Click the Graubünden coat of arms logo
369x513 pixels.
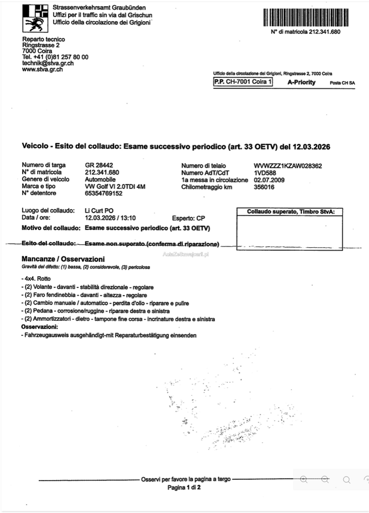tap(35, 18)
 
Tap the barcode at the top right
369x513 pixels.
tap(306, 17)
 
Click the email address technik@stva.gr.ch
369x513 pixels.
tap(48, 63)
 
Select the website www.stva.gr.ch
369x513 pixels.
tap(42, 69)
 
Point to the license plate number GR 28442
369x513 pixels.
tap(99, 165)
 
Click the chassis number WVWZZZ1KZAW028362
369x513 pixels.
tap(288, 166)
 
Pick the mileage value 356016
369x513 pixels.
tap(264, 187)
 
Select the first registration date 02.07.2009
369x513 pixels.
tap(269, 180)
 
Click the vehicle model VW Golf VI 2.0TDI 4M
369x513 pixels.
tap(115, 187)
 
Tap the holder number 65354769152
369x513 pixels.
tap(104, 193)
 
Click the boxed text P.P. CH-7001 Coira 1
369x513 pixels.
tap(243, 82)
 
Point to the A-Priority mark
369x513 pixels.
tap(301, 82)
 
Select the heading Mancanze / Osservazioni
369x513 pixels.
tap(63, 259)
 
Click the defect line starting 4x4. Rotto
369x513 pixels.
tap(36, 279)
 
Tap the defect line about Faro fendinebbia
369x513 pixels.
tap(84, 295)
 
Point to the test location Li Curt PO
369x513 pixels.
tap(99, 211)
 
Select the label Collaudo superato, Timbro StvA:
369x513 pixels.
tap(291, 212)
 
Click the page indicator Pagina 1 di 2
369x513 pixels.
tap(184, 487)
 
